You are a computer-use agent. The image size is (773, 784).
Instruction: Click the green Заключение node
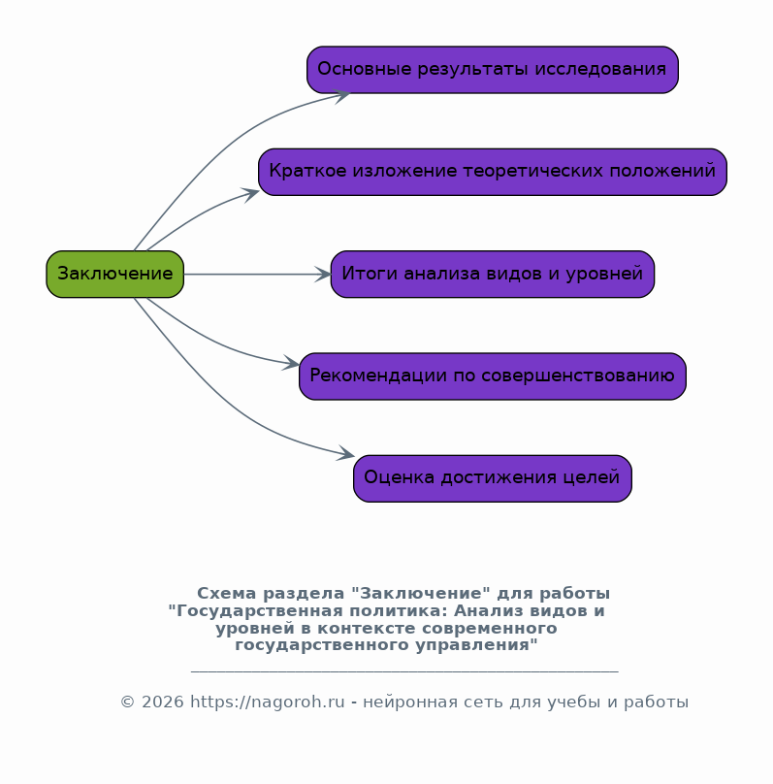[x=114, y=274]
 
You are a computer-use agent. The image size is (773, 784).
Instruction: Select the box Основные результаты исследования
[x=492, y=70]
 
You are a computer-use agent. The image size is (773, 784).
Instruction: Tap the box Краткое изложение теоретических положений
[x=492, y=172]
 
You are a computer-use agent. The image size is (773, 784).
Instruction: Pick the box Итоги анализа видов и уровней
[x=492, y=274]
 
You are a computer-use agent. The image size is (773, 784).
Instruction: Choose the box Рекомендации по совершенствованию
[x=492, y=376]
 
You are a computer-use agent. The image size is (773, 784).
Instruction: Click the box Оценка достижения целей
[x=492, y=478]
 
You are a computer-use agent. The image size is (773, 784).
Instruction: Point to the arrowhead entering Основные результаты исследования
[x=342, y=94]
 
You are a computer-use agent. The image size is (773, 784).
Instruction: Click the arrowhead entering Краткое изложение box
[x=252, y=193]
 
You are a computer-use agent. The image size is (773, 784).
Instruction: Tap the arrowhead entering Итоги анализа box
[x=324, y=275]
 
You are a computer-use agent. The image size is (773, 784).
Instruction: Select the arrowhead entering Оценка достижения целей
[x=347, y=454]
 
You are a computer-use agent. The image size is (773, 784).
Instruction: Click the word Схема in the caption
[x=222, y=593]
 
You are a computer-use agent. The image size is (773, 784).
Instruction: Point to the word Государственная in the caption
[x=246, y=610]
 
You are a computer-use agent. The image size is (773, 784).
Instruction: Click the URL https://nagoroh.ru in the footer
[x=267, y=702]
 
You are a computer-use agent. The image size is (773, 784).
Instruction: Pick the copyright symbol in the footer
[x=126, y=702]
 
